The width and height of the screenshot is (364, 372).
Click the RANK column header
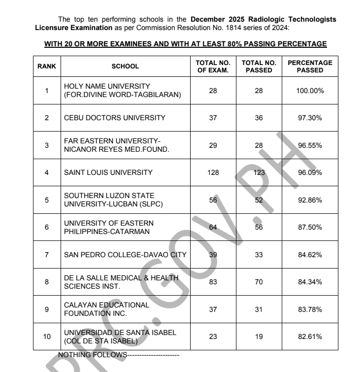click(x=47, y=67)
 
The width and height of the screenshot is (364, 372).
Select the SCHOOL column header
click(x=125, y=67)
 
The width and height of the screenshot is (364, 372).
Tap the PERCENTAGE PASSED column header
click(x=310, y=67)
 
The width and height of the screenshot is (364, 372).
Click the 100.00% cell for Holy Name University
click(x=310, y=91)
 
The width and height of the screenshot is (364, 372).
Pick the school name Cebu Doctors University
click(x=115, y=118)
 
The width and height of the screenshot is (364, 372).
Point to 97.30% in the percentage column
click(x=310, y=118)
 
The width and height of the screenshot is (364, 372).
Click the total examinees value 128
click(x=213, y=172)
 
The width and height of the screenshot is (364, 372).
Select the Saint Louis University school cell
click(x=108, y=172)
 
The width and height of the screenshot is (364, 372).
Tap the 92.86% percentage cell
click(x=310, y=200)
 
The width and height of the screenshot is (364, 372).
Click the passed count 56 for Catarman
click(x=259, y=227)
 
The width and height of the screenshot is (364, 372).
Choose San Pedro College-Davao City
click(x=125, y=255)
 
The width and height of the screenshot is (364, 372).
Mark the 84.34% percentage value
click(x=310, y=282)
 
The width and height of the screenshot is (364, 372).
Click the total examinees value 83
click(x=213, y=282)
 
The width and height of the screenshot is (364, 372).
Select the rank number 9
click(x=47, y=309)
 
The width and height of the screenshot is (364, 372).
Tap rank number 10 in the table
click(x=47, y=337)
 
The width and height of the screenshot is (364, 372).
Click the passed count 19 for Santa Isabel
click(x=259, y=337)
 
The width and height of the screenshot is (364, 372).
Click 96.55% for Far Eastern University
click(x=310, y=145)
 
